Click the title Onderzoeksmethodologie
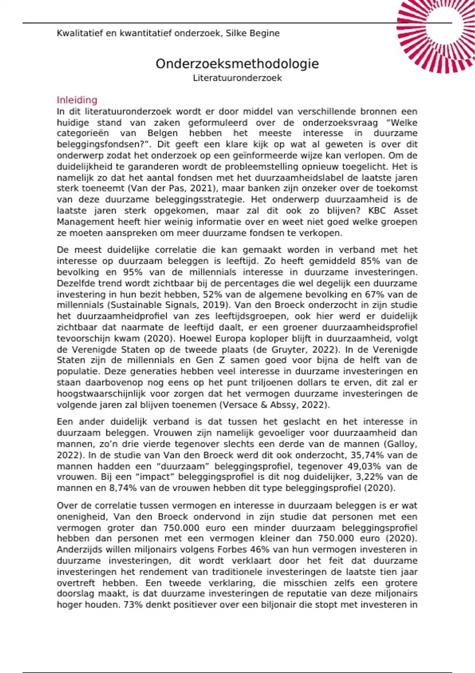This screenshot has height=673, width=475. click(237, 64)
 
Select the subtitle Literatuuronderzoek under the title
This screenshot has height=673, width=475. click(237, 78)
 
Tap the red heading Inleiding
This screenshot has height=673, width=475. click(77, 100)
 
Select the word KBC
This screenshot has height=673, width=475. click(377, 211)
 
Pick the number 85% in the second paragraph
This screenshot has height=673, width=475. click(370, 261)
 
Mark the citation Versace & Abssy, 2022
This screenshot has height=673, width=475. click(274, 405)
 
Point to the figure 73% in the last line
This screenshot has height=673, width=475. click(133, 605)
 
